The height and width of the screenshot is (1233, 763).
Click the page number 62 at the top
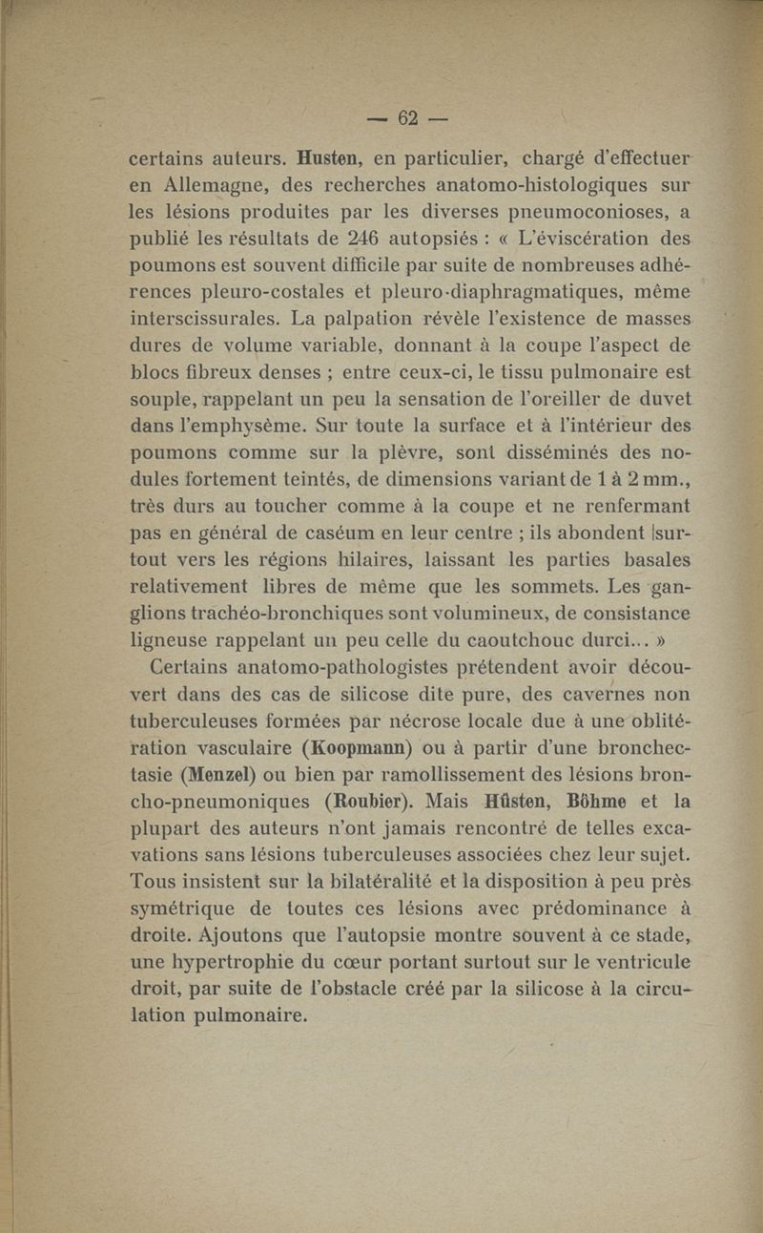coord(409,117)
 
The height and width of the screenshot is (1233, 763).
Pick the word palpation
coord(347,315)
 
